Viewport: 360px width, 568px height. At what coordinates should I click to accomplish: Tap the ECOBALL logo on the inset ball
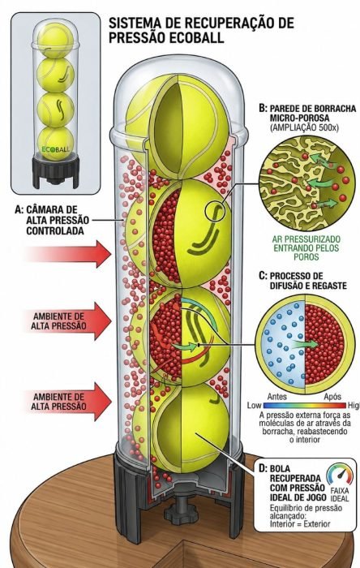tap(55, 149)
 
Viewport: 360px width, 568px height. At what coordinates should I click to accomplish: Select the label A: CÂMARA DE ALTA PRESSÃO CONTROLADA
tap(52, 220)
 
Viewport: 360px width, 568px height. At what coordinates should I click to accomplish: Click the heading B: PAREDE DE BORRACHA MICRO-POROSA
tap(307, 113)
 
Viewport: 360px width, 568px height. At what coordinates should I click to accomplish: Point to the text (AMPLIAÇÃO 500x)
tap(304, 128)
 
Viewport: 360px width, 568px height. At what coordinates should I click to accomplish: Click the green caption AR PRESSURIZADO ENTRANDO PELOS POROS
tap(306, 248)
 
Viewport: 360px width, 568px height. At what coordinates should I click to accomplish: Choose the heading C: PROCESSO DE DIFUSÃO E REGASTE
tap(302, 281)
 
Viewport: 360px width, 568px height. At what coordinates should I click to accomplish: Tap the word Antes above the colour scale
tap(276, 397)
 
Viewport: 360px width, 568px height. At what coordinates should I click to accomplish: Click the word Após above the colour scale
tap(332, 397)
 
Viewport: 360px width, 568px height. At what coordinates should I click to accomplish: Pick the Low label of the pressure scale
tap(254, 406)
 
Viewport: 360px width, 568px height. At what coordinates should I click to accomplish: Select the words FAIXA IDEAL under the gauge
tap(340, 494)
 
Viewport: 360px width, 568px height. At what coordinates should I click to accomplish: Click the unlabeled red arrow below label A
tap(68, 254)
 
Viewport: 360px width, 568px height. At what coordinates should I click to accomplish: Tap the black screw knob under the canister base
tap(181, 510)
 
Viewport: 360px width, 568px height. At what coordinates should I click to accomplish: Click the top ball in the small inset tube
tap(55, 41)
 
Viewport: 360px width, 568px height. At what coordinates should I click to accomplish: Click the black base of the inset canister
tap(55, 171)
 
